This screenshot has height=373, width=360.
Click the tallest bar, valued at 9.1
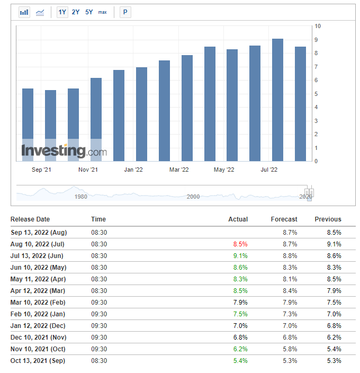tap(277, 100)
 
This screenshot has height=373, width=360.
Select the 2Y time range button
tap(76, 12)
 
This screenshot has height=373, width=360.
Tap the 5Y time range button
tap(89, 12)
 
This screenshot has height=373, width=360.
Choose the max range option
tap(102, 12)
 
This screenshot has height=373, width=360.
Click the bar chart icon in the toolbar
tap(24, 12)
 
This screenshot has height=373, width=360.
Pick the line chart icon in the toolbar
tap(40, 12)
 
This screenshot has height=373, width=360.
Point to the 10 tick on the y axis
tap(318, 26)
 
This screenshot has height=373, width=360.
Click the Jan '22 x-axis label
tap(133, 170)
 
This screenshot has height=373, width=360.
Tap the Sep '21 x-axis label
tap(41, 170)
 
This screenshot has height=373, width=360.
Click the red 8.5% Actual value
tap(240, 244)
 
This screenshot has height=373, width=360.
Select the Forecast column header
tap(284, 219)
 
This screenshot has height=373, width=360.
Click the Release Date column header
tap(30, 219)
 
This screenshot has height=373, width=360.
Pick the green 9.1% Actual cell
tap(240, 256)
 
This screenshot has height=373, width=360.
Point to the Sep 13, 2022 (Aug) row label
tap(39, 233)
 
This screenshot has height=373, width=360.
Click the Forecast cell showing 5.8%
tap(290, 349)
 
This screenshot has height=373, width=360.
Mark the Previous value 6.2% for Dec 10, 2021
tap(334, 338)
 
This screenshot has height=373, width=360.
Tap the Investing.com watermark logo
tap(64, 151)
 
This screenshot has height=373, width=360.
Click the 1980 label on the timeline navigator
tap(81, 197)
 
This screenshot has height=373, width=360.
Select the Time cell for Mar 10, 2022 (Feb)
tap(99, 303)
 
